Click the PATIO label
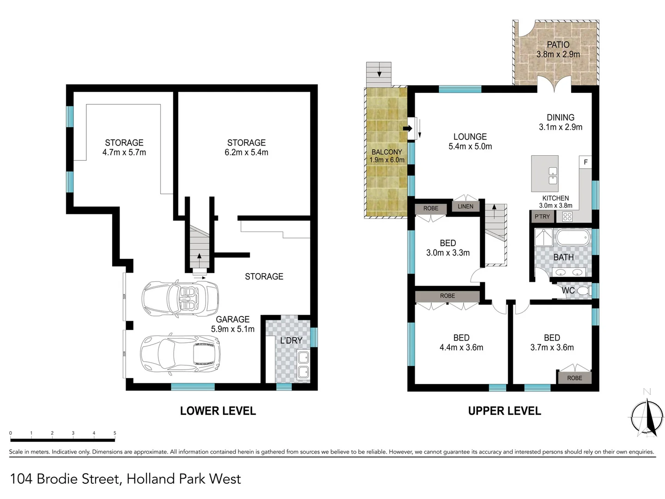click(558, 45)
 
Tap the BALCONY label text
click(387, 152)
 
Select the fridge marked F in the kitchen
click(586, 162)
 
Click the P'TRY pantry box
click(542, 217)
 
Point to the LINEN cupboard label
click(465, 207)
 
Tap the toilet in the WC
click(584, 291)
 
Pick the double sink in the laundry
click(303, 365)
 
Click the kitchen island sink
click(553, 176)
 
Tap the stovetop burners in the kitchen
click(568, 216)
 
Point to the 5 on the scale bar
click(115, 433)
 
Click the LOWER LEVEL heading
click(218, 411)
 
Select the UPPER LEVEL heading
click(504, 411)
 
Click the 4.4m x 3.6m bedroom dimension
click(461, 347)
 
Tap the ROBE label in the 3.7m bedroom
click(574, 378)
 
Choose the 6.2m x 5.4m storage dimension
click(246, 152)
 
